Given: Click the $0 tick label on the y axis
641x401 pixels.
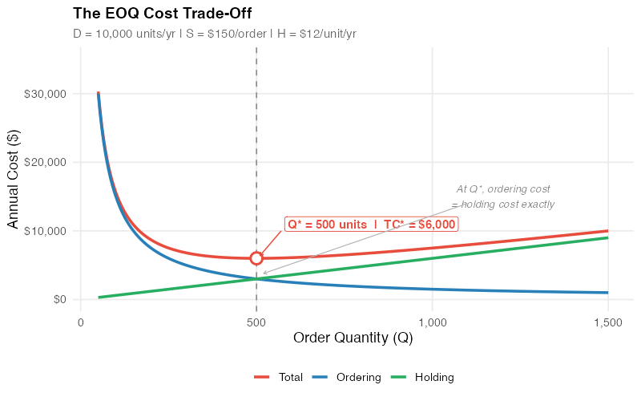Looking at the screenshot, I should (59, 299).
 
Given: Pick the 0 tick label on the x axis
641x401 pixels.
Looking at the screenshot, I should (80, 322).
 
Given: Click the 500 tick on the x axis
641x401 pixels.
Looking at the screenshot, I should (256, 322).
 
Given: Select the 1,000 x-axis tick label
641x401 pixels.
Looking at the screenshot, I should (432, 322).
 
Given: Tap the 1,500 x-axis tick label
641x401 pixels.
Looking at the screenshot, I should (608, 322).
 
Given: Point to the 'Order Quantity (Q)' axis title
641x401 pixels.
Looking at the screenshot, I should (353, 338).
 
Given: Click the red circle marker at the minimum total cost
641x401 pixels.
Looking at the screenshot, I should (256, 258).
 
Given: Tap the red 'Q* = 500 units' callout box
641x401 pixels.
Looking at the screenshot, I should (371, 225).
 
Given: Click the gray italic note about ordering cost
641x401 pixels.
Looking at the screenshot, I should (503, 196).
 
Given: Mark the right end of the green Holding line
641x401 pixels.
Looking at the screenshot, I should (607, 237).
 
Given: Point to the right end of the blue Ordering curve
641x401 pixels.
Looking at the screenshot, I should (607, 292).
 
